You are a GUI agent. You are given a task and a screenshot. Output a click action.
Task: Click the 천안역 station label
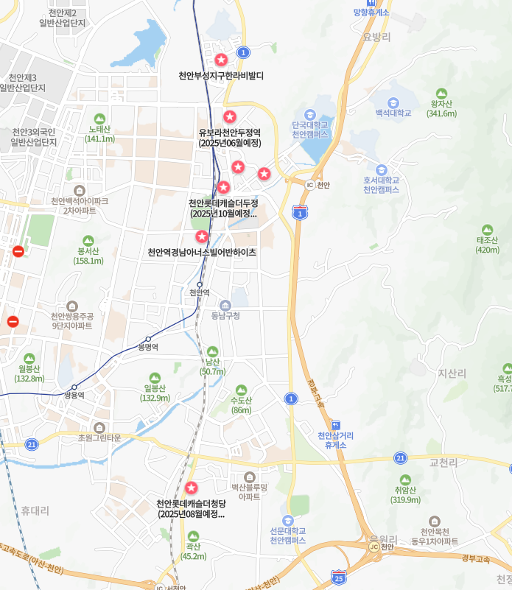[x=199, y=292]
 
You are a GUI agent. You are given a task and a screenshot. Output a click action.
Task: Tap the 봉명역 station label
[x=148, y=346]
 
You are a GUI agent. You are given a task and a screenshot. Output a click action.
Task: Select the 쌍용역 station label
[x=74, y=395]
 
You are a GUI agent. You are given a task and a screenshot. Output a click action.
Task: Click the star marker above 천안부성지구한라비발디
[x=221, y=60]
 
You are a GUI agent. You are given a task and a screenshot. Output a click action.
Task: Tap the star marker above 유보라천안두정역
[x=230, y=116]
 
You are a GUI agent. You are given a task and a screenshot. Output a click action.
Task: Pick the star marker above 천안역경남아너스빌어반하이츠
[x=201, y=236]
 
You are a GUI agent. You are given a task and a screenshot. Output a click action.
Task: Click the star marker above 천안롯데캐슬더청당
[x=191, y=488]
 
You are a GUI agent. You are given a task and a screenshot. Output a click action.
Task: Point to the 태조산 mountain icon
[x=487, y=230]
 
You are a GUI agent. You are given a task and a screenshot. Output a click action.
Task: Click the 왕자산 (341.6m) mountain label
[x=441, y=108]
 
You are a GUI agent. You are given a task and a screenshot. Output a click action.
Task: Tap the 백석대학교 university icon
[x=393, y=102]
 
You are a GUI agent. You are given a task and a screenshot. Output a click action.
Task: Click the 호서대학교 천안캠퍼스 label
[x=381, y=184]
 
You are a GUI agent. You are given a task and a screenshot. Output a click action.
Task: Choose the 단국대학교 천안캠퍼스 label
[x=309, y=130]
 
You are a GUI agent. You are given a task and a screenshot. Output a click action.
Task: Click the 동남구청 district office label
[x=225, y=316]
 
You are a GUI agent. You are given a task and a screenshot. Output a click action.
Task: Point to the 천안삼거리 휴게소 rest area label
[x=335, y=440]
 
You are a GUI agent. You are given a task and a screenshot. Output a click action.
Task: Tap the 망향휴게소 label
[x=371, y=13]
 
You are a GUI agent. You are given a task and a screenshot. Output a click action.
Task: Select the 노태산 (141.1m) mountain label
[x=99, y=133]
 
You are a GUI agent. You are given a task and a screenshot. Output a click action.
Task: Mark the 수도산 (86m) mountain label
[x=241, y=405]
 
